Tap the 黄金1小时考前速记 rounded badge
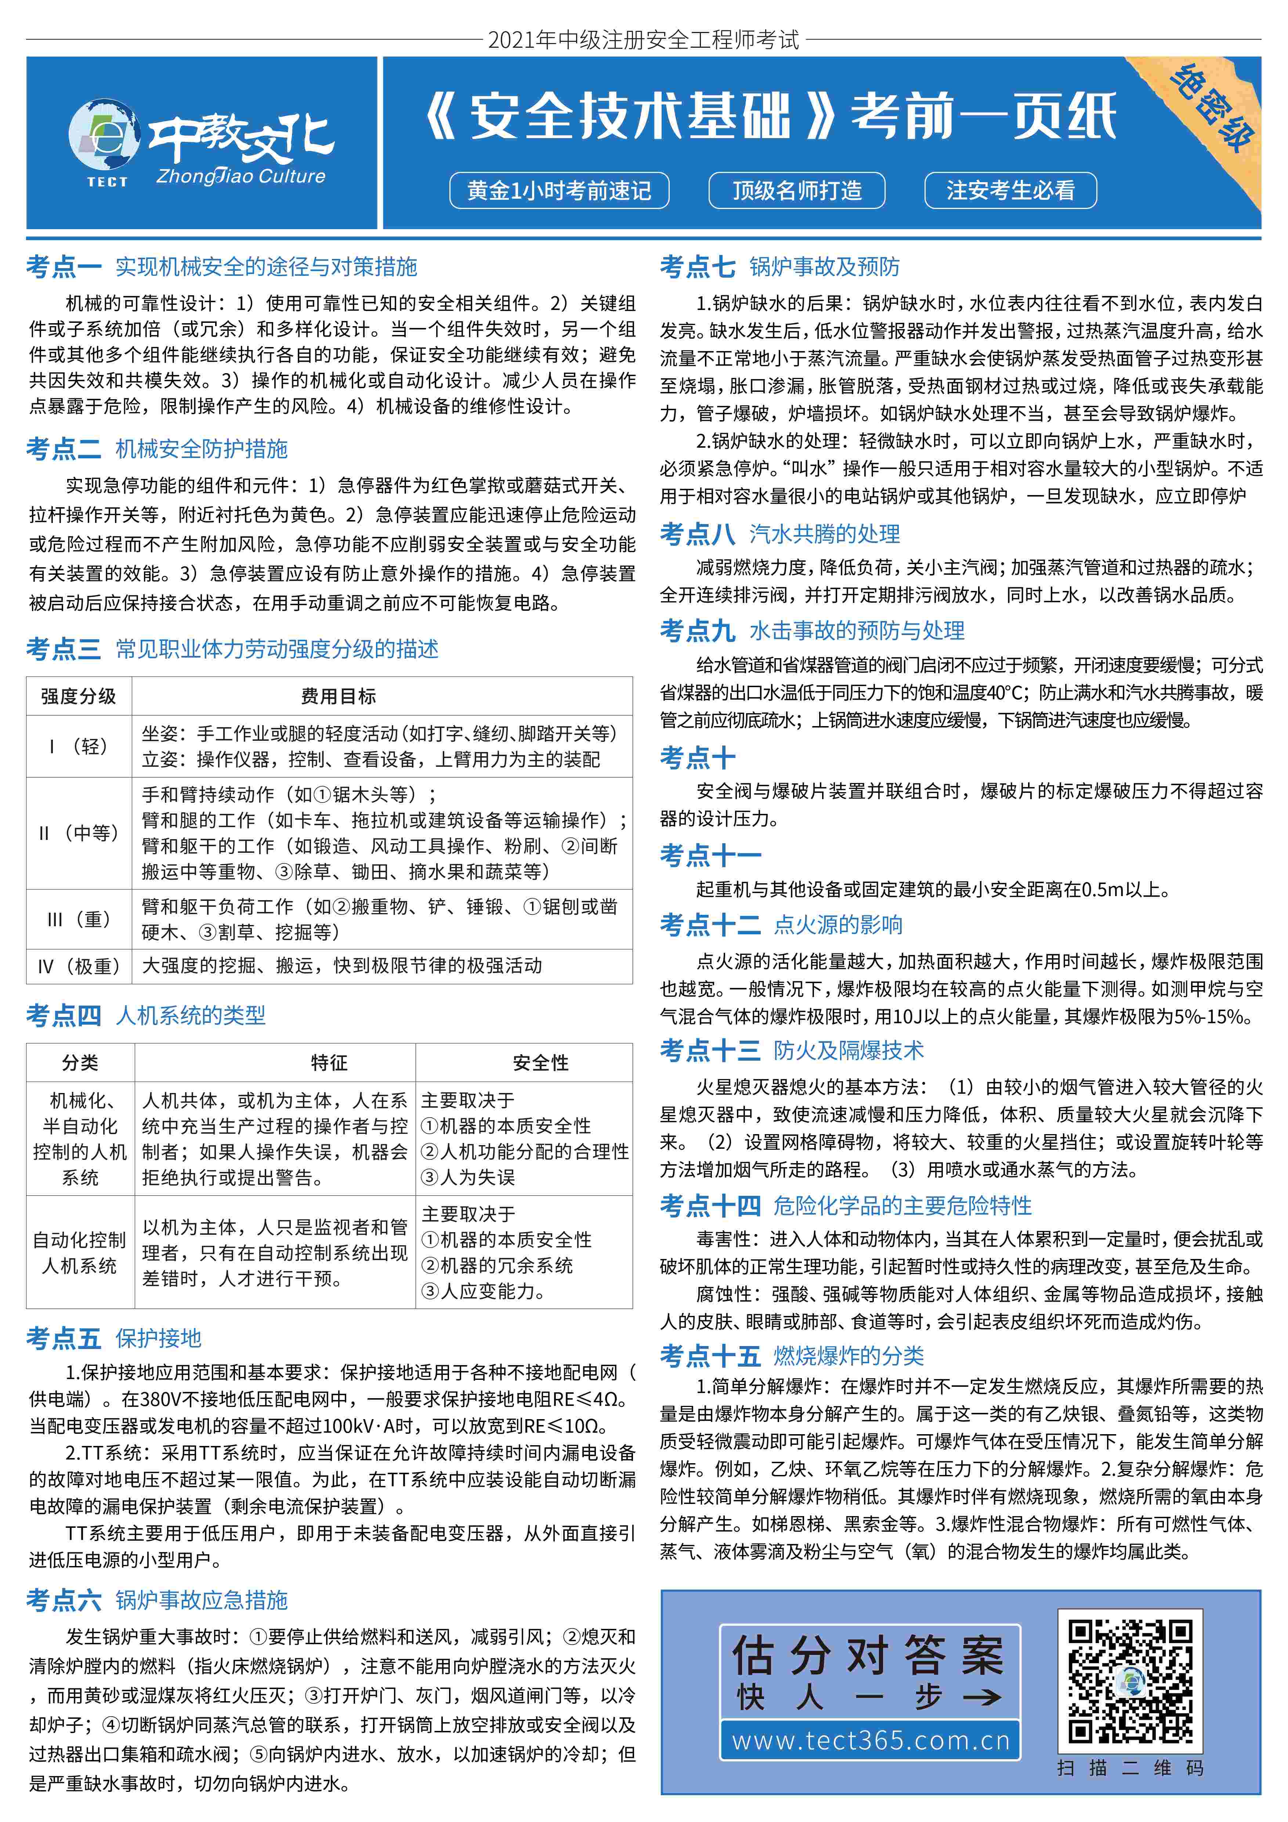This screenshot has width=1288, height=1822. tap(559, 191)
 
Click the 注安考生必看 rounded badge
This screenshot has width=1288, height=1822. tap(1010, 191)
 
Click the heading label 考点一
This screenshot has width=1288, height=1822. tap(64, 267)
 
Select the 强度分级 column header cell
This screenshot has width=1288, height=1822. tap(79, 696)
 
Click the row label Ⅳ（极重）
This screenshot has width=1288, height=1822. tap(79, 966)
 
